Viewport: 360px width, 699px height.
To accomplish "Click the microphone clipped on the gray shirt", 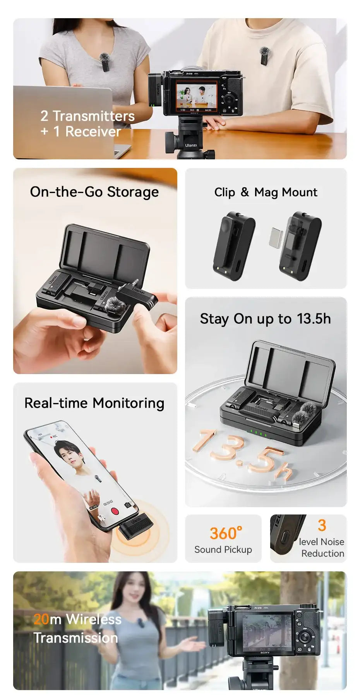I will pyautogui.click(x=105, y=62).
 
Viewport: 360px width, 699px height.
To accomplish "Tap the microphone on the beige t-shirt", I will pyautogui.click(x=264, y=56).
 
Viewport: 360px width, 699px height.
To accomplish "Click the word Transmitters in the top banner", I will pyautogui.click(x=94, y=116).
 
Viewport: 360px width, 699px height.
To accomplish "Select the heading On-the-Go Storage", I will pyautogui.click(x=94, y=192).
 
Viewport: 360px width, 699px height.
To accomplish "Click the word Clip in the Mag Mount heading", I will pyautogui.click(x=225, y=192).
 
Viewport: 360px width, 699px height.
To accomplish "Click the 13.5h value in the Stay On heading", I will pyautogui.click(x=314, y=319).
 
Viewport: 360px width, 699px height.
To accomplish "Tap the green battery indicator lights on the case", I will pyautogui.click(x=258, y=433).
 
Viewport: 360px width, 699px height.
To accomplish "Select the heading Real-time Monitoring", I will pyautogui.click(x=94, y=403).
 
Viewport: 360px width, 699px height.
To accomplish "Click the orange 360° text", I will pyautogui.click(x=226, y=533).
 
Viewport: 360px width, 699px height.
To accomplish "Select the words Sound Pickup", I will pyautogui.click(x=223, y=550).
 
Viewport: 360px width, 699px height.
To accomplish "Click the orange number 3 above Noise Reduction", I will pyautogui.click(x=322, y=525).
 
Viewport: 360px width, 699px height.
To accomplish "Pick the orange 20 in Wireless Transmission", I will pyautogui.click(x=41, y=619).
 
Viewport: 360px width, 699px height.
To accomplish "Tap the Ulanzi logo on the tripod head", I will pyautogui.click(x=191, y=145).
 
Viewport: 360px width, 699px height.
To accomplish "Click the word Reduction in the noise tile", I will pyautogui.click(x=322, y=554).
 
